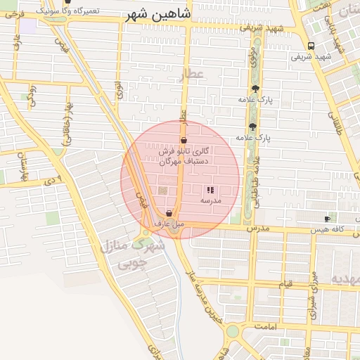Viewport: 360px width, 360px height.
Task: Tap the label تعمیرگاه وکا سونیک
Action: coord(67,11)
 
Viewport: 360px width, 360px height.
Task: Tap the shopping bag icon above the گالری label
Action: coord(184,140)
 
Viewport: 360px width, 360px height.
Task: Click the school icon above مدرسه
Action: coord(210,190)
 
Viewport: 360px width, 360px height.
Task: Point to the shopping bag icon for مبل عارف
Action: coord(169,213)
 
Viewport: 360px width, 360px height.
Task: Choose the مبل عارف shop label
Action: coord(169,224)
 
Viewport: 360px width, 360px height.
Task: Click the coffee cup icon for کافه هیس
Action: coord(327,219)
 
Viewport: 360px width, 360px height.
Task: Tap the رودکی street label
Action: coord(32,95)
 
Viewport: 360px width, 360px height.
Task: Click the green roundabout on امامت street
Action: coord(231,330)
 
